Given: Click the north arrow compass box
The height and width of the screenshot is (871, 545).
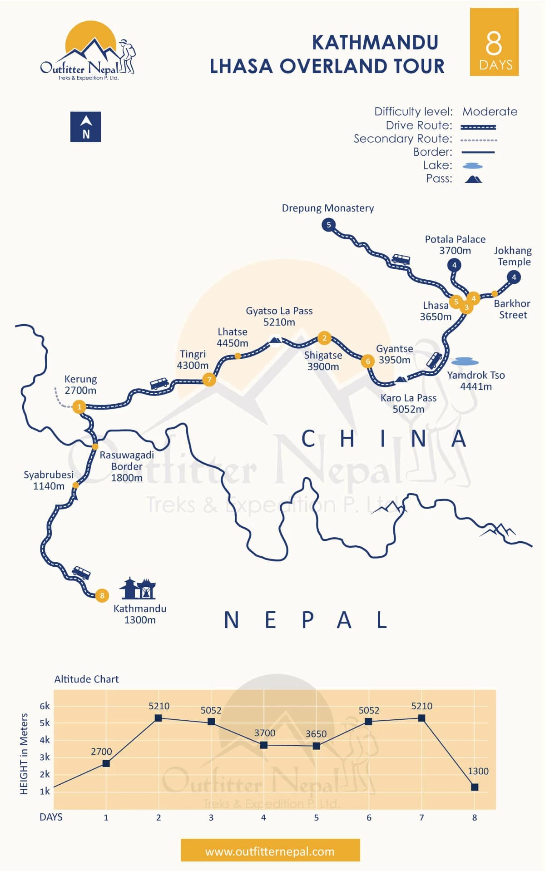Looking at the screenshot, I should point(85,127).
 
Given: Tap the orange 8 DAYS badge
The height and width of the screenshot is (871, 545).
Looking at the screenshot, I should point(494,42).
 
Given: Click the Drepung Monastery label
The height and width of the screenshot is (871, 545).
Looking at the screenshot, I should point(327,208).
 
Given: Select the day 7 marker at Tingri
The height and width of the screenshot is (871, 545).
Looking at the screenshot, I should point(209,379).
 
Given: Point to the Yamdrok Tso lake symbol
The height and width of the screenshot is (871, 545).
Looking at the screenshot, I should point(465,361).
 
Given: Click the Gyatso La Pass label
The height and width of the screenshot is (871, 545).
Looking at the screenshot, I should point(279,317).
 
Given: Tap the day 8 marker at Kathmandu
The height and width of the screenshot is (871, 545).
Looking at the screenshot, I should point(102,595).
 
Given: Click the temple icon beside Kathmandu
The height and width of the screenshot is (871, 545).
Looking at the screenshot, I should point(138,589).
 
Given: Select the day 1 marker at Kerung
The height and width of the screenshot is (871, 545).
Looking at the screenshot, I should point(79,406).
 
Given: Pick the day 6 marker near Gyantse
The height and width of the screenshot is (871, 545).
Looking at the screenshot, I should point(368,361).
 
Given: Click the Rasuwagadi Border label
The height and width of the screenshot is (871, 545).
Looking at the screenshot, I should point(127,466).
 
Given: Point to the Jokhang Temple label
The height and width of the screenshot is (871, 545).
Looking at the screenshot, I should point(513,256).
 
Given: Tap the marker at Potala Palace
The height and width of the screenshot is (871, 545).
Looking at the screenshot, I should point(454,265).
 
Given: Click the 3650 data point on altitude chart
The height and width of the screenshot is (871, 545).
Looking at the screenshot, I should point(317,746).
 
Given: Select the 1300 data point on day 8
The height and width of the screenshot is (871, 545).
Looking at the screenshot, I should point(475,787).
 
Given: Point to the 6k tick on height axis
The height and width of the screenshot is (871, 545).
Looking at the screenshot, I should point(45,706).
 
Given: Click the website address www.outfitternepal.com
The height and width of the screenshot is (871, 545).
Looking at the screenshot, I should point(270,851).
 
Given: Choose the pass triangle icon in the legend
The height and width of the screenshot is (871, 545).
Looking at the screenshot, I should point(473,179).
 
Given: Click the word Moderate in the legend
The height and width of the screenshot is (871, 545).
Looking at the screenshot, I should point(490,112).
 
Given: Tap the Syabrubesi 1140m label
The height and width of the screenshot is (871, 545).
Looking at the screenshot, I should point(49,480).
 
